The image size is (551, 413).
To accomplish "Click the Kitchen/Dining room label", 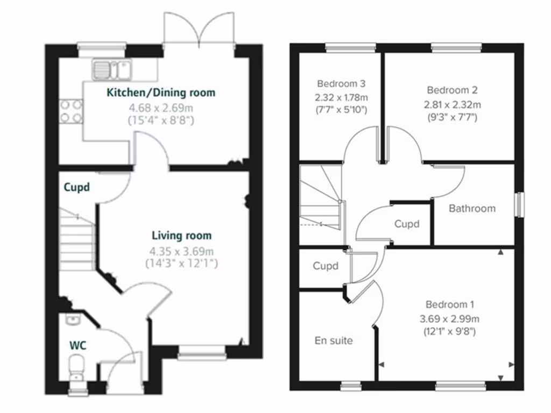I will coord(161,92).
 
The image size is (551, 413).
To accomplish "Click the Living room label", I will coord(181,236).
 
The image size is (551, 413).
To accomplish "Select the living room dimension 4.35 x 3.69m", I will coord(181,251).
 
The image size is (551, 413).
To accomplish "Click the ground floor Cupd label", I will coord(76,188).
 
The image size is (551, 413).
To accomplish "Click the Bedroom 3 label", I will coord(341,84).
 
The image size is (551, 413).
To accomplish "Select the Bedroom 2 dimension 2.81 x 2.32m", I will coord(452,104).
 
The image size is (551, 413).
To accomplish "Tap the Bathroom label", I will coord(472,208).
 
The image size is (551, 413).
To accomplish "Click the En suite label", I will coord(334,340).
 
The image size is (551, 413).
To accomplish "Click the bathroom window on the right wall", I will coord(519,204).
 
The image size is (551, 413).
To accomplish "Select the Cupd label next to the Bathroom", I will coord(406,224).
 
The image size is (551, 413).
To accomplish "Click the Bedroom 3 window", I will coord(350,48).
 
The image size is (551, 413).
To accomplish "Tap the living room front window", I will coord(202,353).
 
